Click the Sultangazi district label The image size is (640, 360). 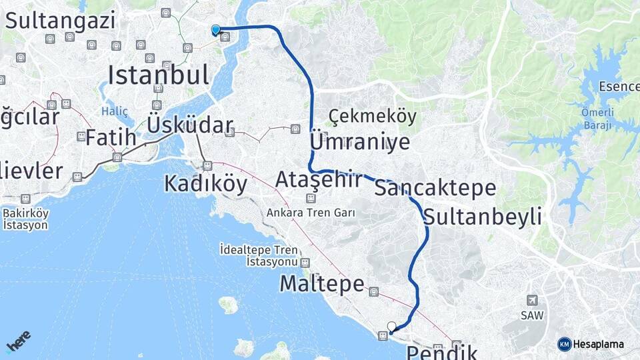tap(60, 20)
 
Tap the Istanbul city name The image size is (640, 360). tap(158, 75)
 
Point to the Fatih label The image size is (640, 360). tap(111, 139)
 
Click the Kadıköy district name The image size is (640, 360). tap(205, 183)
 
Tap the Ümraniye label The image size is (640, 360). tap(360, 142)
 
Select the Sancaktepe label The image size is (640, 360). tap(435, 188)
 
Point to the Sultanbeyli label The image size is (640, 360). tap(482, 217)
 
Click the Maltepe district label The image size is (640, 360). tap(321, 284)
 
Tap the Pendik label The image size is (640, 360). tap(441, 351)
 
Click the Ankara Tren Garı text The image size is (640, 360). tap(311, 213)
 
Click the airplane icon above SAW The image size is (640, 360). tap(532, 301)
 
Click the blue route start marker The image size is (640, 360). tap(215, 29)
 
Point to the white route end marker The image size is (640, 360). tap(391, 327)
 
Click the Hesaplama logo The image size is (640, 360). tap(591, 344)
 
